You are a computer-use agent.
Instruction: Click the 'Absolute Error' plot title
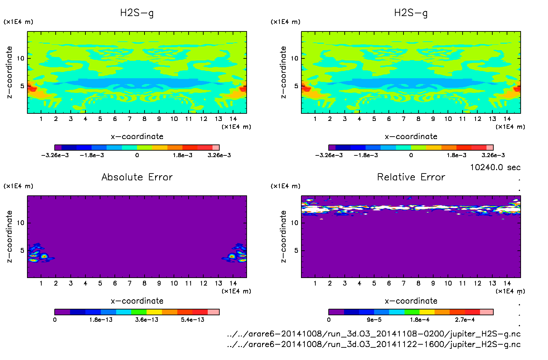[x=137, y=177]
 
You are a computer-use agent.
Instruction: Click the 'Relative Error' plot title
[x=411, y=177]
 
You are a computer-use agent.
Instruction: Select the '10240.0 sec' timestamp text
[x=495, y=167]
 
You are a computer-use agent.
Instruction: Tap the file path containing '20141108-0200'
[x=374, y=334]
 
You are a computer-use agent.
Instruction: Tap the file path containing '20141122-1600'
[x=374, y=344]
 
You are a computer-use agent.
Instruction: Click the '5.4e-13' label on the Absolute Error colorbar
[x=192, y=320]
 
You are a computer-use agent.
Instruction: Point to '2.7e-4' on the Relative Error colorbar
[x=465, y=320]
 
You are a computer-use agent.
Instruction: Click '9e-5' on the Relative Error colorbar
[x=374, y=320]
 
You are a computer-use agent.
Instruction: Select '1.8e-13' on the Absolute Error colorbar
[x=101, y=320]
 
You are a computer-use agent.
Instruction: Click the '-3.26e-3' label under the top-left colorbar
[x=55, y=155]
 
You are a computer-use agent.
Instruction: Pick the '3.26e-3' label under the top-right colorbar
[x=493, y=155]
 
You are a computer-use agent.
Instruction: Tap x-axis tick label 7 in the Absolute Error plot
[x=129, y=283]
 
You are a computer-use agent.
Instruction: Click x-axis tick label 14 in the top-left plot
[x=233, y=119]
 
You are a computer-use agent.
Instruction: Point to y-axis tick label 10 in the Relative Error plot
[x=294, y=223]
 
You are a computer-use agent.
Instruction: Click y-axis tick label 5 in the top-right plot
[x=296, y=86]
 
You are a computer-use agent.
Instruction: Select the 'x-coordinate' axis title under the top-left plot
[x=137, y=137]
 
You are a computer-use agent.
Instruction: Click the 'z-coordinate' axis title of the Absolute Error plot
[x=9, y=236]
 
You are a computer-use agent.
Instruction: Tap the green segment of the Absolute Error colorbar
[x=139, y=312]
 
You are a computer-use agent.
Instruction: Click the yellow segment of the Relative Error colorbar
[x=427, y=312]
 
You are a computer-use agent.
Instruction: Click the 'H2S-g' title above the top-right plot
[x=411, y=13]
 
